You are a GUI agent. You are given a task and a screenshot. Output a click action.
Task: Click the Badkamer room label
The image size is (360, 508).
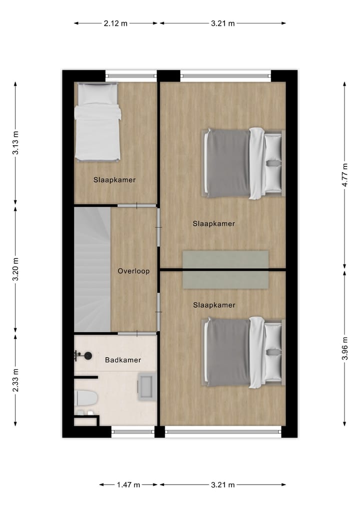point(122,360)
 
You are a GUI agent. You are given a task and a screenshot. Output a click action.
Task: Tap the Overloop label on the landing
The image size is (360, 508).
point(133,271)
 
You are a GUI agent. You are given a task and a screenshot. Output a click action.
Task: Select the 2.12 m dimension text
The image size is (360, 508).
point(116,23)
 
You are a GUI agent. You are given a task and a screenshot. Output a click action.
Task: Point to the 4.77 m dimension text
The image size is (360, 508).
point(344,175)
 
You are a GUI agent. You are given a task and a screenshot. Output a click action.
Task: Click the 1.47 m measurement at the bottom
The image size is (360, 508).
point(128,485)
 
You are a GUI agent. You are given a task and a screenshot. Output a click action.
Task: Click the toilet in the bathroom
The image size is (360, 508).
point(85,398)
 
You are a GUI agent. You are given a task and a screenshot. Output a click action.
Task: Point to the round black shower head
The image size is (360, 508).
point(88,356)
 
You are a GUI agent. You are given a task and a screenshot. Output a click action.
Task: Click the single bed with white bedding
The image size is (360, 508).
point(97,122)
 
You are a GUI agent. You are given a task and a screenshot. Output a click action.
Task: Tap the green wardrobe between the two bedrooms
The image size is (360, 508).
point(225,269)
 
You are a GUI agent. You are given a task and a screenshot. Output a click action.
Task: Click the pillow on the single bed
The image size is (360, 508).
point(97,92)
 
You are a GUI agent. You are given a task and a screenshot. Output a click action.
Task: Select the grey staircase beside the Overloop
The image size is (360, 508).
point(92,270)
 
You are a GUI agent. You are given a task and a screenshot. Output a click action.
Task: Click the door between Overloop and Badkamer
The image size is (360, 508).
point(137,333)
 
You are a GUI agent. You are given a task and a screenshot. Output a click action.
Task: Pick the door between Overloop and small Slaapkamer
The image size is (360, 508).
point(137,205)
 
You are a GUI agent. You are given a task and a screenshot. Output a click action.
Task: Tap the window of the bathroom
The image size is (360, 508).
point(132,431)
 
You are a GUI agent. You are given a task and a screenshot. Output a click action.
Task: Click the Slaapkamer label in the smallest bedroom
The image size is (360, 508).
point(114,180)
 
